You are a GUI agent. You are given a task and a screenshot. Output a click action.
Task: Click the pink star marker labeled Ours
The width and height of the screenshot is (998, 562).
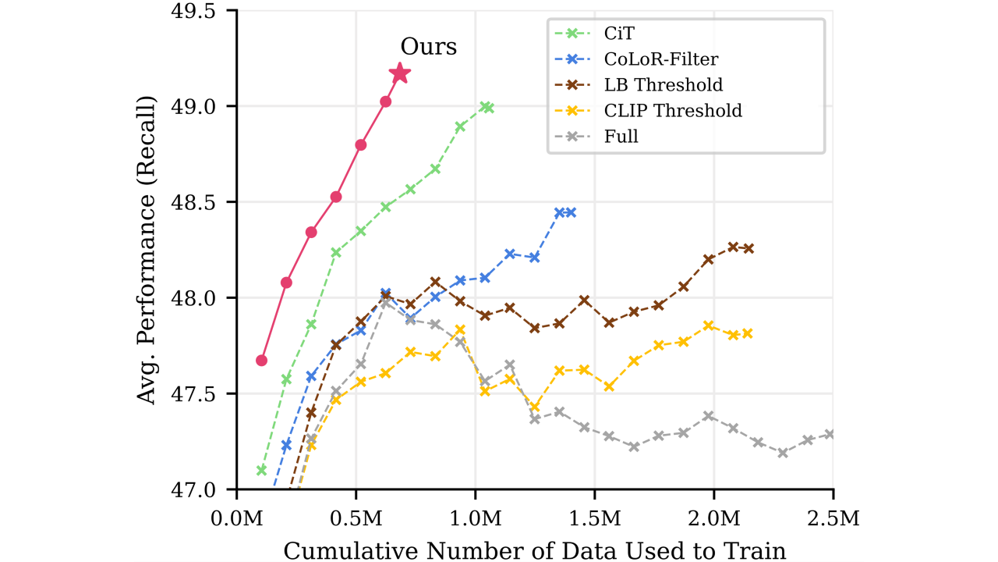[x=400, y=73]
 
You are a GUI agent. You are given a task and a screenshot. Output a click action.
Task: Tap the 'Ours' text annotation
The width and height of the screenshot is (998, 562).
[x=428, y=47]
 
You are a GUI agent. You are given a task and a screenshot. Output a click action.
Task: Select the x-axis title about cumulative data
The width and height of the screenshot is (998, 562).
[x=535, y=550]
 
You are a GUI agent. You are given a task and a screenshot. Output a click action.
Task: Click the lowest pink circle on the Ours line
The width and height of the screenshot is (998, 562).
[x=262, y=360]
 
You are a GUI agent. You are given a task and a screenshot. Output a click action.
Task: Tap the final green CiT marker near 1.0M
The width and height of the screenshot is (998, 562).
[x=489, y=108]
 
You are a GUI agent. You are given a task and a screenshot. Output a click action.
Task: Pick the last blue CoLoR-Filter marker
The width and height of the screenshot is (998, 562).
[x=571, y=212]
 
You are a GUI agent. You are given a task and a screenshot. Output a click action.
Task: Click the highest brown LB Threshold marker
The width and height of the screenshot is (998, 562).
[x=733, y=247]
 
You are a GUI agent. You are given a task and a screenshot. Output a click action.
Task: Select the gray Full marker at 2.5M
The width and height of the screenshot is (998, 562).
[x=831, y=434]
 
